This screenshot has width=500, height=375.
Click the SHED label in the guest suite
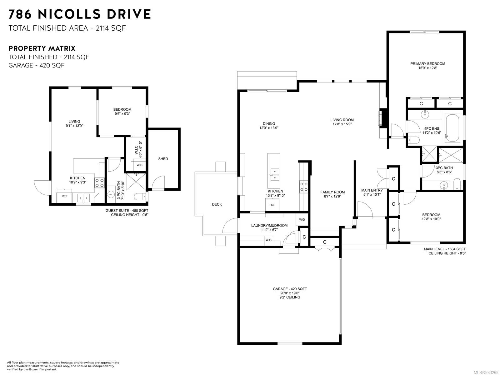tap(163, 159)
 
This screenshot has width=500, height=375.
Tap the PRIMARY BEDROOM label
tap(427, 64)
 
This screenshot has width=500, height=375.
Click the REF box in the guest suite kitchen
tap(64, 196)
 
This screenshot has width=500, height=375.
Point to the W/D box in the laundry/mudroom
tap(302, 219)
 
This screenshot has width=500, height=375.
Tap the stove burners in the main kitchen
tap(304, 186)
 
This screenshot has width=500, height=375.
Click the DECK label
tap(217, 204)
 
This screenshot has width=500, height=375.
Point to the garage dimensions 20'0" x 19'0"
tap(289, 293)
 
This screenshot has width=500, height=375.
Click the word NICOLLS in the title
tap(69, 14)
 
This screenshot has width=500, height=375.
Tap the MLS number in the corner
tap(486, 372)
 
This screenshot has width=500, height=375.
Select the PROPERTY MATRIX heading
tap(42, 48)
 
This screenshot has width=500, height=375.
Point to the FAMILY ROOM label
tap(332, 192)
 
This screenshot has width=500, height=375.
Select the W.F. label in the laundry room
tap(268, 240)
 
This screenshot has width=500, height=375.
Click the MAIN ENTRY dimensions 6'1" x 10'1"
tap(372, 194)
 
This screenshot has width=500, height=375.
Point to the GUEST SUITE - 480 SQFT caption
tap(127, 211)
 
